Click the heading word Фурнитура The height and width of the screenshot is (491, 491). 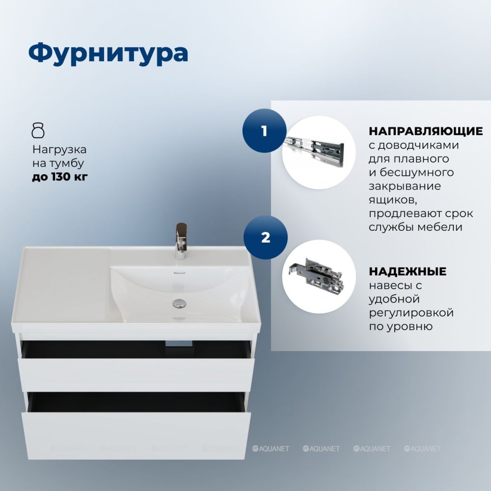click(108, 53)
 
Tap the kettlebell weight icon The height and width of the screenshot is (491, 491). click(38, 131)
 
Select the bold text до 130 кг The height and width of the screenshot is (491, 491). click(60, 177)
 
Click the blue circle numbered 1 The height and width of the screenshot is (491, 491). click(265, 131)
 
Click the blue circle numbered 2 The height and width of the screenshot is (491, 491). click(266, 237)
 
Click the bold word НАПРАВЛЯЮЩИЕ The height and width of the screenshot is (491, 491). click(426, 131)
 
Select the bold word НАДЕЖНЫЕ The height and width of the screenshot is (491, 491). click(408, 271)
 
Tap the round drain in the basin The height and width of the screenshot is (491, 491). click(179, 303)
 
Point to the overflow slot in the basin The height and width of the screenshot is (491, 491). click(179, 273)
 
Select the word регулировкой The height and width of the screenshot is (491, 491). click(411, 313)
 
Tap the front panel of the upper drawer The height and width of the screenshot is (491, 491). click(136, 375)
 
